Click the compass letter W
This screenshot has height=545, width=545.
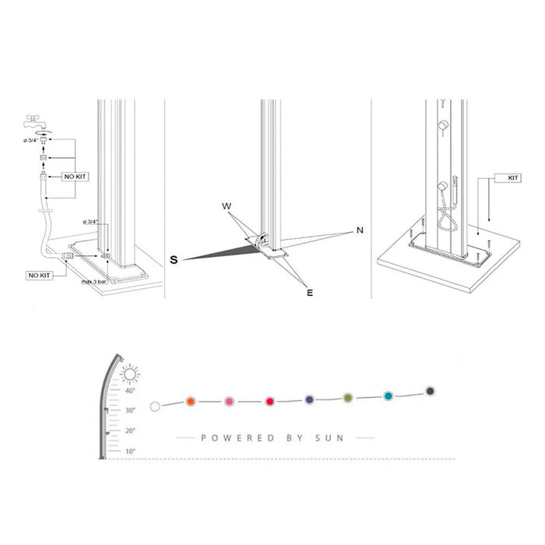[227, 206]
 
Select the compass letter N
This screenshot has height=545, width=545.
[360, 230]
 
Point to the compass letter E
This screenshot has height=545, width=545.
[309, 293]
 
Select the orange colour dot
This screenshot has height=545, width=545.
[190, 402]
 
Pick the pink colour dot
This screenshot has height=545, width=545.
[229, 402]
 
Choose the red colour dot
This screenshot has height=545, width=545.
[269, 402]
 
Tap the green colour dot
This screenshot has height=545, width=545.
[348, 399]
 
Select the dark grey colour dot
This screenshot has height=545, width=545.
[431, 391]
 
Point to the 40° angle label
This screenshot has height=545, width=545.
[130, 391]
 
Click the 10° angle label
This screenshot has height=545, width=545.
[130, 451]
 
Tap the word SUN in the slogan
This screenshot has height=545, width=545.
[329, 438]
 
